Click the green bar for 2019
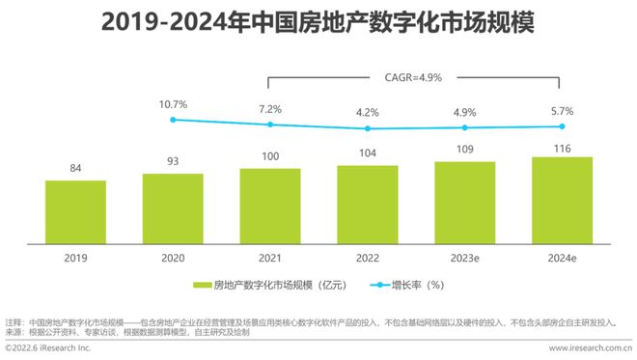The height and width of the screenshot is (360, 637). [75, 212]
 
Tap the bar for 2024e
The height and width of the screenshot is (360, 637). [562, 201]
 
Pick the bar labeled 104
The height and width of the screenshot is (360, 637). [368, 205]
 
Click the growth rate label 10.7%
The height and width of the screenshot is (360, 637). [173, 103]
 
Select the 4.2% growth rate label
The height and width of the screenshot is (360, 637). [368, 112]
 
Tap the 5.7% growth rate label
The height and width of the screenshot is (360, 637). [562, 110]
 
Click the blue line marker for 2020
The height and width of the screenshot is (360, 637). [173, 120]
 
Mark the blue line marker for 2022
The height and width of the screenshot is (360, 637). [368, 128]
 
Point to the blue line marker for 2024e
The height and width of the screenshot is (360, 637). [562, 126]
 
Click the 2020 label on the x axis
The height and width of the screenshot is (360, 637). [173, 259]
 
